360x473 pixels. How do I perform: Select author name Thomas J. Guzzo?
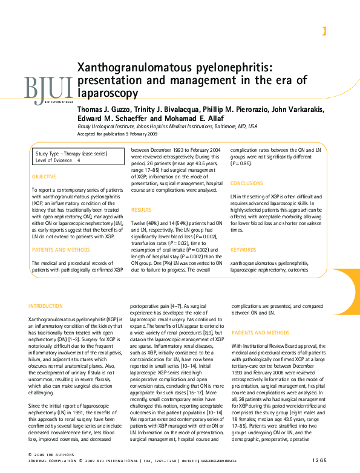(104, 109)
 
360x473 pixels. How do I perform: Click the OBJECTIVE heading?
(44, 177)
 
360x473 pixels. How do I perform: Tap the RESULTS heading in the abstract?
(141, 209)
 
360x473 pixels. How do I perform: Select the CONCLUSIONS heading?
(247, 183)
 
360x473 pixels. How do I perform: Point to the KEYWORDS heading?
(243, 249)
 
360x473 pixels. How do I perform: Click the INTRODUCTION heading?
(46, 306)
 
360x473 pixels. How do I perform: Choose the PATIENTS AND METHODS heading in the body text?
(260, 333)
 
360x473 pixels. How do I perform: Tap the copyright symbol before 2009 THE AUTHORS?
(31, 454)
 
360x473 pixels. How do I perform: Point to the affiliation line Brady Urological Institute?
(167, 126)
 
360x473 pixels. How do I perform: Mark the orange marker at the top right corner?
(325, 31)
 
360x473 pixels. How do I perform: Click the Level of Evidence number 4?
(78, 161)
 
